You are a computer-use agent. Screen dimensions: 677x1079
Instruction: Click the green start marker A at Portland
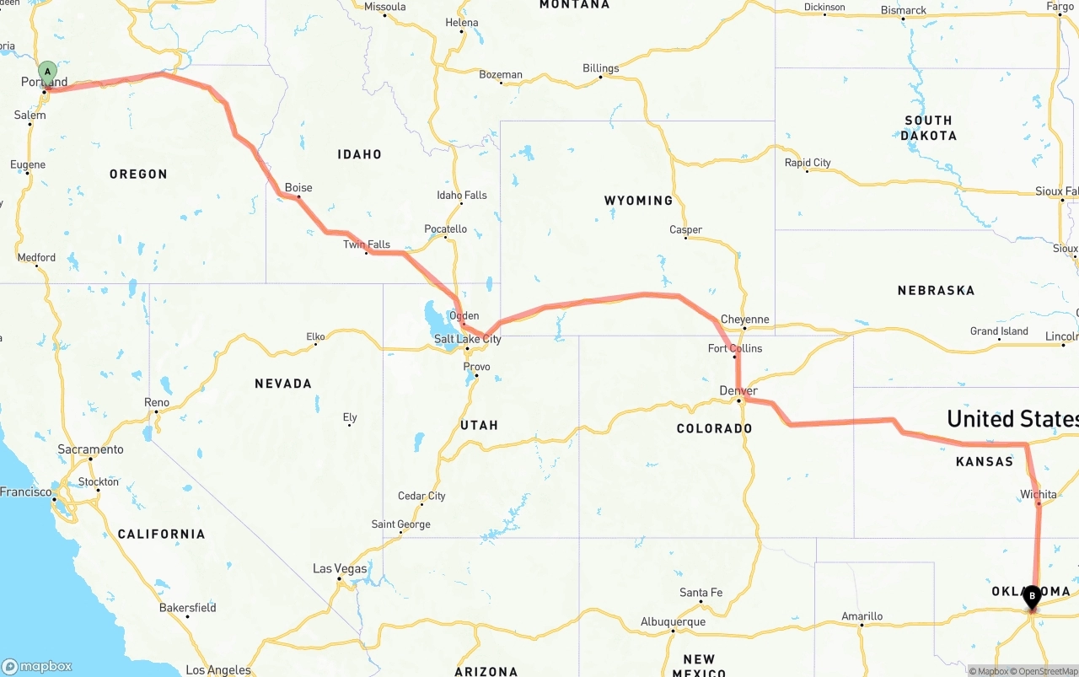[48, 71]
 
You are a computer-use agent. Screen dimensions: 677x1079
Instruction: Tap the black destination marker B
[1032, 596]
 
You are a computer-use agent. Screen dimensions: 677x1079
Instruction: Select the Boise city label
[298, 188]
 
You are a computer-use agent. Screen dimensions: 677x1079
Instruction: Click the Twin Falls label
[367, 244]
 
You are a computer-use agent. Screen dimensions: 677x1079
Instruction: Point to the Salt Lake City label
[468, 339]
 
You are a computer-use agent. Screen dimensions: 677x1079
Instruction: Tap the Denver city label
[738, 391]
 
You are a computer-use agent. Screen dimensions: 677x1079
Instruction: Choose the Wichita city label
[1038, 494]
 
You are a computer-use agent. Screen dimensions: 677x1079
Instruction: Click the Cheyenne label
[745, 320]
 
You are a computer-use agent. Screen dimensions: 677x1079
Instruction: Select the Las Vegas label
[340, 568]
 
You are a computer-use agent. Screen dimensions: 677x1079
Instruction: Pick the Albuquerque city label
[673, 622]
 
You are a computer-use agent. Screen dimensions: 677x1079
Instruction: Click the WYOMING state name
[638, 201]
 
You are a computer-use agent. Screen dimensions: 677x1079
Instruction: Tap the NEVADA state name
[283, 384]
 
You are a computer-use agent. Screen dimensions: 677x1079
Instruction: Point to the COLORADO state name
[714, 428]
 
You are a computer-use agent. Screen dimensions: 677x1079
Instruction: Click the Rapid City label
[808, 163]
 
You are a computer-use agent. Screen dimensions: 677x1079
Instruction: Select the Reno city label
[157, 402]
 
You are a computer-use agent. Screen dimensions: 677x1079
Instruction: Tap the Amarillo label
[863, 616]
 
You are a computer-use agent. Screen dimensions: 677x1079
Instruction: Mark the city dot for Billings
[601, 78]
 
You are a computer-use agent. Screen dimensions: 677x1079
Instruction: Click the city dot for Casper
[686, 238]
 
